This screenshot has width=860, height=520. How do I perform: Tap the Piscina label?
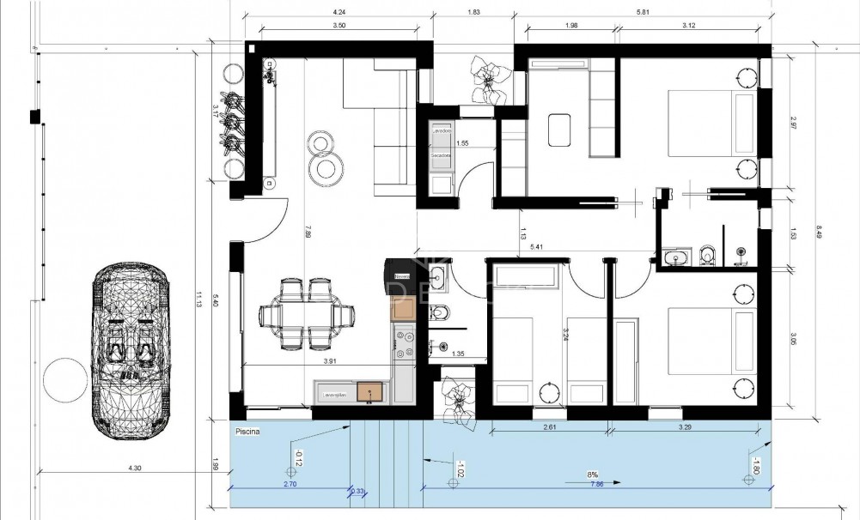pyautogui.click(x=246, y=433)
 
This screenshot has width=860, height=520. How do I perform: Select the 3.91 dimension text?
pyautogui.click(x=329, y=362)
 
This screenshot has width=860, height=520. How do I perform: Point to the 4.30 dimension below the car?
pyautogui.click(x=134, y=468)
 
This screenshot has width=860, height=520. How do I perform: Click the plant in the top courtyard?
pyautogui.click(x=488, y=79)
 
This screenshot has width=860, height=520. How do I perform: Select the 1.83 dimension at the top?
pyautogui.click(x=473, y=12)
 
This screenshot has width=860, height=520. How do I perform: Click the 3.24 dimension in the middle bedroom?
pyautogui.click(x=565, y=331)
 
